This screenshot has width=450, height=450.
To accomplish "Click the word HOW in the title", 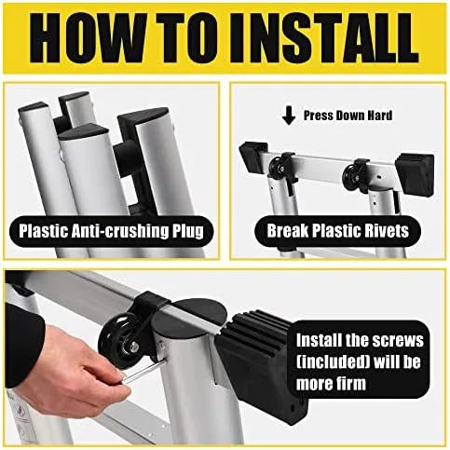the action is [88, 38].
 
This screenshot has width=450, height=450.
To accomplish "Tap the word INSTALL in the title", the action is [324, 38].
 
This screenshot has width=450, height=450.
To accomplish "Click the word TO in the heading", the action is [187, 38].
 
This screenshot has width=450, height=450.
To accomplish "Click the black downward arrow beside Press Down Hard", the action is [289, 116].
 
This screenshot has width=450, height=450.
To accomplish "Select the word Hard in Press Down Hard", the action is [380, 116].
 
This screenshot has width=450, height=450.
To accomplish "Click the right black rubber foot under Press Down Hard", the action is [415, 173].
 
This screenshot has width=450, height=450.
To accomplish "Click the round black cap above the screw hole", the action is [184, 318].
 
